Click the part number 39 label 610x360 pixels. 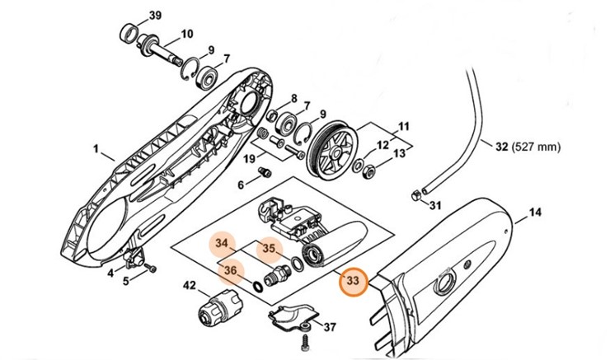(156, 16)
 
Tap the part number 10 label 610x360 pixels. (186, 34)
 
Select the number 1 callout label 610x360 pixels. (97, 151)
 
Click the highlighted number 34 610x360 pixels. (220, 244)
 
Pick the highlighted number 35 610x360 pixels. (269, 247)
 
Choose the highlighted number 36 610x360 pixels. (231, 270)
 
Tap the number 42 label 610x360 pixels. (189, 285)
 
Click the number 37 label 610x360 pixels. (330, 328)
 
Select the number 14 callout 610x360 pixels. (535, 213)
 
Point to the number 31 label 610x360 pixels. (436, 205)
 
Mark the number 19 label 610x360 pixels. (248, 158)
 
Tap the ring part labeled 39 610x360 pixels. (127, 34)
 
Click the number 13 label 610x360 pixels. (400, 154)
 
